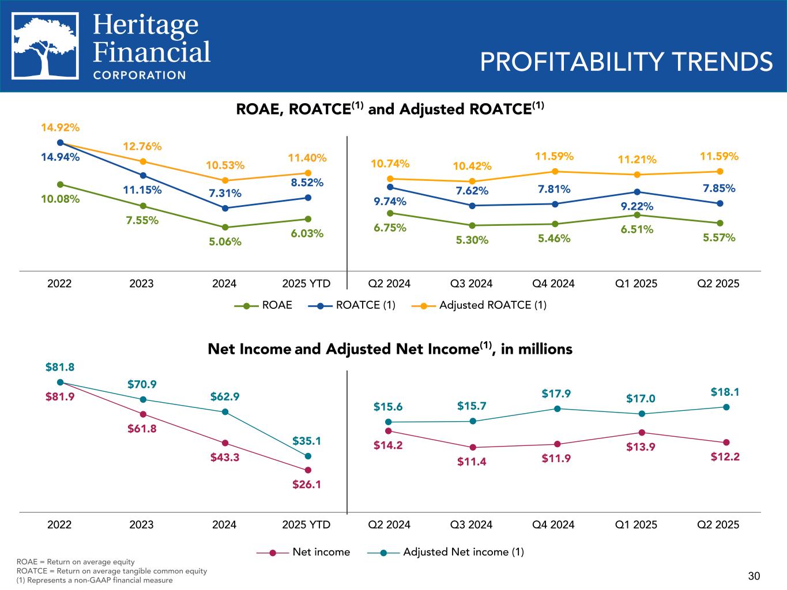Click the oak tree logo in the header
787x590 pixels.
click(x=46, y=47)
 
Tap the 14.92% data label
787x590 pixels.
click(x=60, y=127)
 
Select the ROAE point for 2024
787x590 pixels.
click(x=225, y=227)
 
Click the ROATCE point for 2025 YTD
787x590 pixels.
click(x=308, y=198)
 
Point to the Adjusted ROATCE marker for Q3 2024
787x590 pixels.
click(x=472, y=181)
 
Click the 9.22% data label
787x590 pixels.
click(x=637, y=206)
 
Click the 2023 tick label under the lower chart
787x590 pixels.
click(x=142, y=524)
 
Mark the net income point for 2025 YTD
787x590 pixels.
click(x=308, y=470)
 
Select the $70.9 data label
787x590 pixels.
click(x=142, y=384)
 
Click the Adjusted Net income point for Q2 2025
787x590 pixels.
click(x=726, y=407)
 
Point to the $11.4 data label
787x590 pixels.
click(x=472, y=461)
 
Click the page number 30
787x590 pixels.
click(x=754, y=576)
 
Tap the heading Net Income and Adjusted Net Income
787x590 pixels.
click(x=390, y=349)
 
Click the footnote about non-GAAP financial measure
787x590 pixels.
click(x=95, y=580)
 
